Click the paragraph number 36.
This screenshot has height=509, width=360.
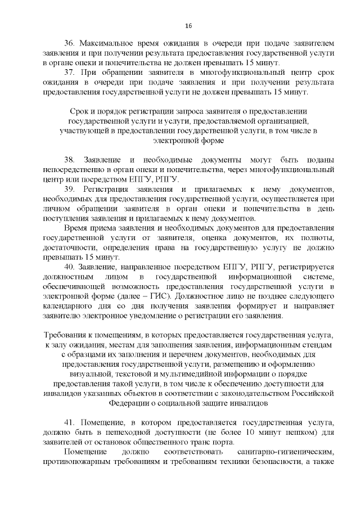[70, 43]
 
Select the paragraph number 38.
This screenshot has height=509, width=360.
[70, 159]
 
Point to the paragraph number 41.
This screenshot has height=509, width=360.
[70, 422]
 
